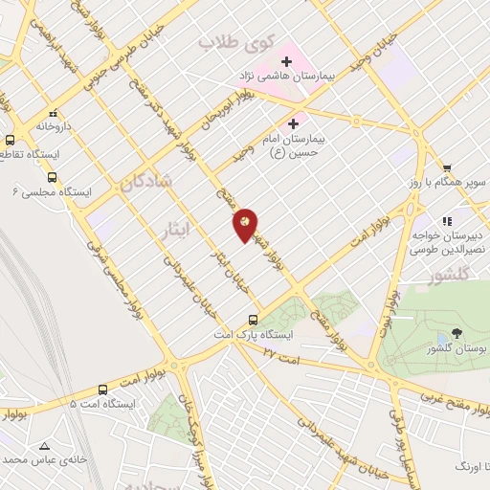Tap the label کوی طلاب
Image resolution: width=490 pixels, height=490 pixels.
[235, 42]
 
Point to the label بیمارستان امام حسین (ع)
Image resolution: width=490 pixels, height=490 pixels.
[294, 144]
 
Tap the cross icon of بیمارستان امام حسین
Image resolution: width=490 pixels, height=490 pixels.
[293, 123]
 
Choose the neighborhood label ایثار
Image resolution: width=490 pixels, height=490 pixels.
[172, 230]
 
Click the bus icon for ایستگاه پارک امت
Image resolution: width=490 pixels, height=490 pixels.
[254, 320]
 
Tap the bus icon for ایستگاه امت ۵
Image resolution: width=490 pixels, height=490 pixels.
[102, 390]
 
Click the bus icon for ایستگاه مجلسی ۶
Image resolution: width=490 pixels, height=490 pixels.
[52, 177]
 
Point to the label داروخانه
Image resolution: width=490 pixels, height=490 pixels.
[55, 125]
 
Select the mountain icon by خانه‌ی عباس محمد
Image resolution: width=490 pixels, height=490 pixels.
[44, 445]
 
